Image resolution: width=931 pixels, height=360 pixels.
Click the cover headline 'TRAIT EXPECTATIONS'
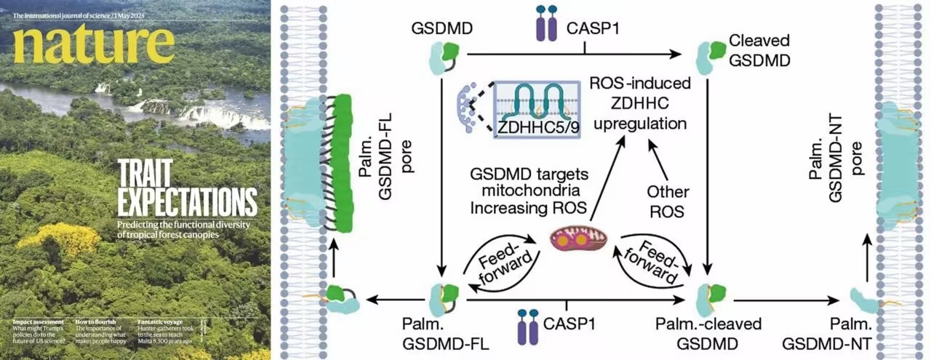click(x=187, y=188)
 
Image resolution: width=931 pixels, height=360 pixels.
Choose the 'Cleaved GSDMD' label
click(x=759, y=49)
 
